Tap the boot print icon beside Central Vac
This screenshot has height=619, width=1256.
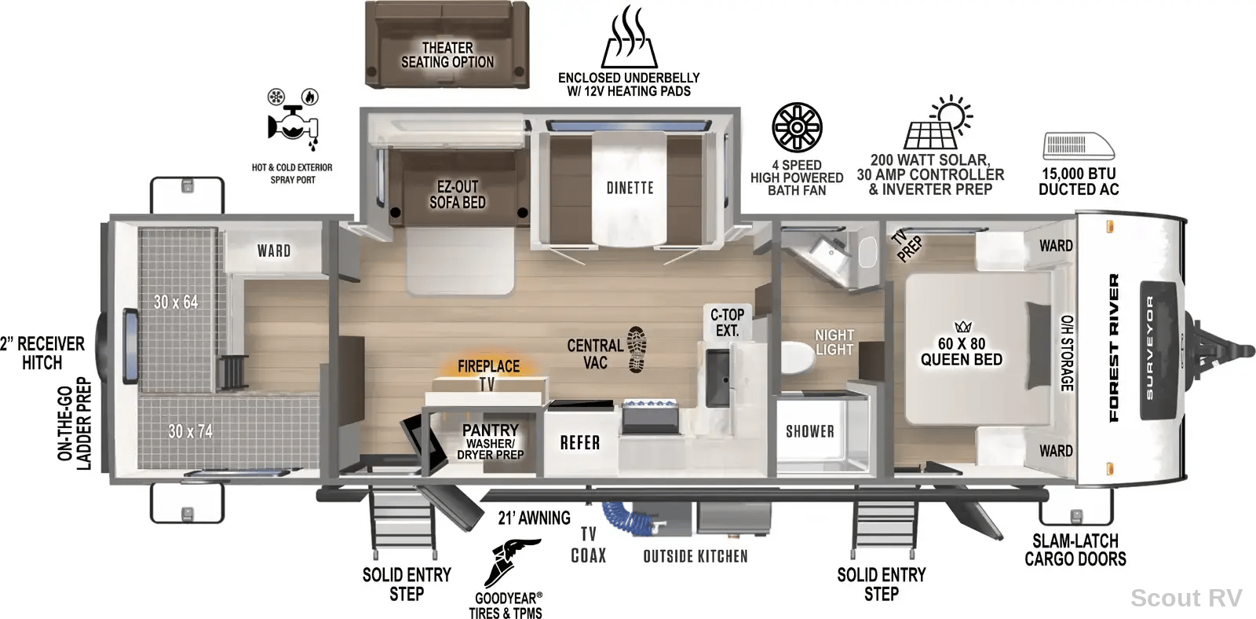tap(637, 350)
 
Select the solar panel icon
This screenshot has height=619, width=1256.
tap(937, 123)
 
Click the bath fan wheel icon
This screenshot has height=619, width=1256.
tap(797, 127)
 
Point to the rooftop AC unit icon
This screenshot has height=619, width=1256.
tap(1079, 146)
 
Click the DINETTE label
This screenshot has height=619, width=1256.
tap(630, 188)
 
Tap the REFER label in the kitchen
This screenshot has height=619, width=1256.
tap(580, 443)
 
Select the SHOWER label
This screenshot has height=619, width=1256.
tap(809, 431)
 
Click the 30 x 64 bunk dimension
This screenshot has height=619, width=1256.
tap(176, 302)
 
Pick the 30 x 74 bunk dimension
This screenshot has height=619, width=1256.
tap(191, 431)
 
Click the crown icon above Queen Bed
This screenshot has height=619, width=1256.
tap(962, 326)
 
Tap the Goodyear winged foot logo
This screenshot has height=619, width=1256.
tap(511, 563)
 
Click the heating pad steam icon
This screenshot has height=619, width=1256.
tap(629, 37)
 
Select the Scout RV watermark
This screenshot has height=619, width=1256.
tap(1186, 598)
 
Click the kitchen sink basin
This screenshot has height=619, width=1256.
tap(717, 377)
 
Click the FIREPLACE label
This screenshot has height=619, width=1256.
tap(488, 367)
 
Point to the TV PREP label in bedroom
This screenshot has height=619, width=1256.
tap(906, 245)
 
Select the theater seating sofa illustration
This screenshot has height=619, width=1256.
tap(447, 44)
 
